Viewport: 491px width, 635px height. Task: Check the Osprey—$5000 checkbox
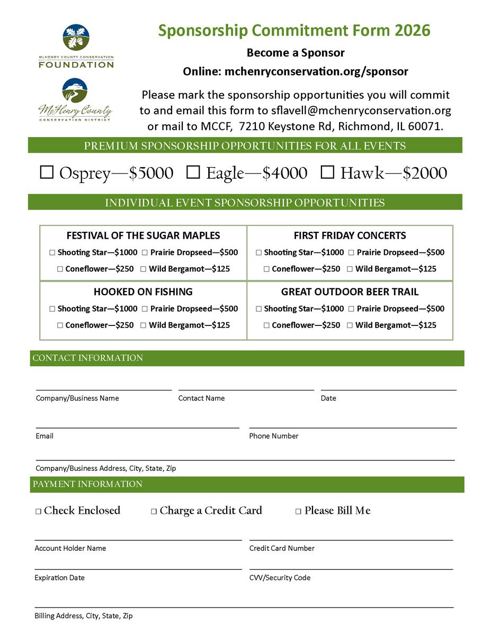(x=47, y=173)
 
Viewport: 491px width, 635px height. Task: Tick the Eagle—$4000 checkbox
(x=194, y=173)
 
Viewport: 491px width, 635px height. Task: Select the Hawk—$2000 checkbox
(x=328, y=173)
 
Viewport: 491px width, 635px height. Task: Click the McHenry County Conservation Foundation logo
(x=76, y=47)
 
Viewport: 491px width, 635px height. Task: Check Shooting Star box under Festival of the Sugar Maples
(x=52, y=253)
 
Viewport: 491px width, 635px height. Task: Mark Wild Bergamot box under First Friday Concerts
(x=350, y=269)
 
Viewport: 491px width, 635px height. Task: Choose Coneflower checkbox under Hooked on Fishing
(x=60, y=325)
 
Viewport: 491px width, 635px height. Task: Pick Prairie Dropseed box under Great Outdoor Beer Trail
(x=351, y=309)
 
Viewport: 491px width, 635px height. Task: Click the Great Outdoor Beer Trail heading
(x=350, y=292)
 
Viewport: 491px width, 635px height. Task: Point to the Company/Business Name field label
(x=77, y=398)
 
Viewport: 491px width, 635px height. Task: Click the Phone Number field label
(x=274, y=436)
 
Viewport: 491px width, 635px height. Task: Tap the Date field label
(x=328, y=398)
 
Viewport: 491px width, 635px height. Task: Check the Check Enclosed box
(x=39, y=512)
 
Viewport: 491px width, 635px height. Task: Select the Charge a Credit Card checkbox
(x=154, y=512)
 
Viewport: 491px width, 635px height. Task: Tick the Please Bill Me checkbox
(x=299, y=512)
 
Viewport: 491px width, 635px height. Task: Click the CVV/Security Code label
(x=280, y=578)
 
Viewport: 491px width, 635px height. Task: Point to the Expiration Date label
(x=59, y=578)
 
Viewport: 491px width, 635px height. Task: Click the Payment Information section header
(x=87, y=484)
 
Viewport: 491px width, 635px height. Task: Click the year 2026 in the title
(x=412, y=31)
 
